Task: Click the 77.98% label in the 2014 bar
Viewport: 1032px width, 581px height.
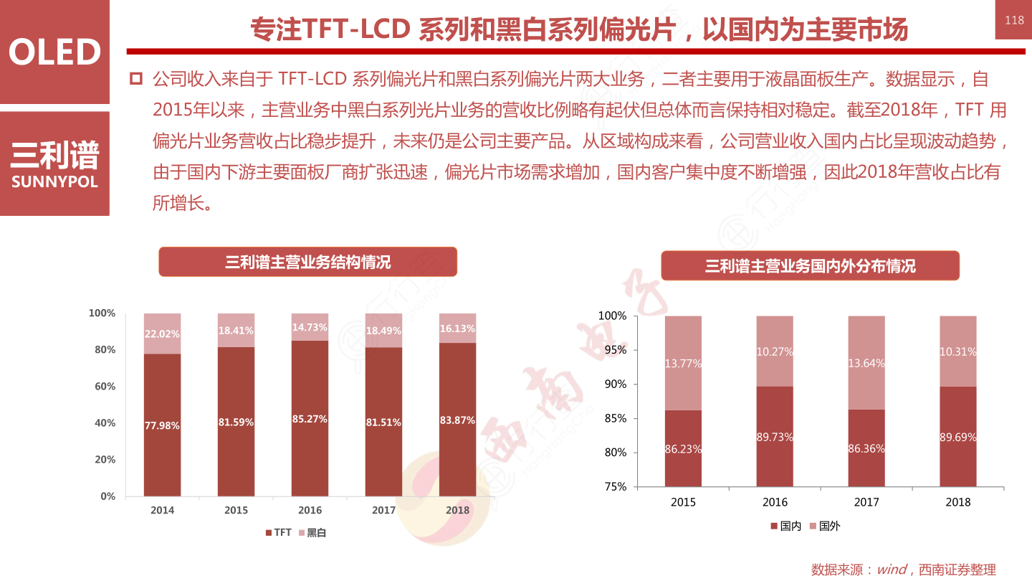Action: pos(162,425)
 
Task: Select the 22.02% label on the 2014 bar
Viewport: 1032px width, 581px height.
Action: pos(162,334)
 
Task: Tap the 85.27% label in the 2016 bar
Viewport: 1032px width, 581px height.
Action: pos(310,419)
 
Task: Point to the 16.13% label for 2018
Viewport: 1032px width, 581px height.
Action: pos(457,329)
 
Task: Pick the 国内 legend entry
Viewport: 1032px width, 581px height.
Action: pos(785,526)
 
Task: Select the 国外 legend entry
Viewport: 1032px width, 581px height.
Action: pos(824,526)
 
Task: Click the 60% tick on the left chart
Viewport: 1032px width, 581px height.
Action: pos(102,387)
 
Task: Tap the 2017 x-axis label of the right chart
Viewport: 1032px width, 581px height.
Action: pos(866,502)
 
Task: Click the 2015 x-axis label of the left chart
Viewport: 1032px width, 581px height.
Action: pos(236,511)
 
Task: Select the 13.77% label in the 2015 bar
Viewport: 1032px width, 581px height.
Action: pos(683,364)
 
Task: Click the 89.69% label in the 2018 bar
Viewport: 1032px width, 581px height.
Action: pos(958,437)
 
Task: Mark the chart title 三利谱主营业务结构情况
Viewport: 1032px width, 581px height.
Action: pos(307,263)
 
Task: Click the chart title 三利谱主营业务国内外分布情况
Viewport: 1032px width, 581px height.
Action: pos(810,266)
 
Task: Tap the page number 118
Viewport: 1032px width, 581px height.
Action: pos(1014,20)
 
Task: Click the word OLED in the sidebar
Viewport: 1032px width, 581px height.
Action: pos(54,52)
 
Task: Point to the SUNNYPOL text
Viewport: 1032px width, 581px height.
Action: pos(54,182)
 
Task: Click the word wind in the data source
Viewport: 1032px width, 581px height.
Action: pos(892,570)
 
